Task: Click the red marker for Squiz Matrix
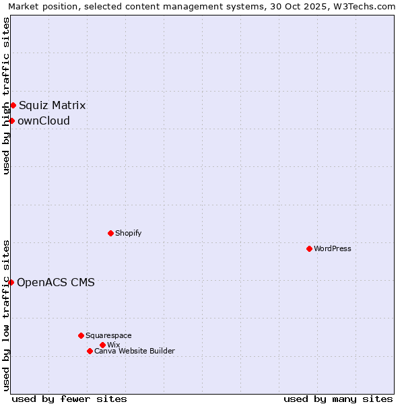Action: [x=13, y=105]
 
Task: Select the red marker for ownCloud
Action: [x=11, y=121]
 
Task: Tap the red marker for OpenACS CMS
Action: [x=11, y=282]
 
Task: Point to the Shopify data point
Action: [x=110, y=233]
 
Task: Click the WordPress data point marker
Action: [x=309, y=248]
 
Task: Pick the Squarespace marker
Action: [x=81, y=335]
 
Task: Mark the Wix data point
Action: [x=102, y=345]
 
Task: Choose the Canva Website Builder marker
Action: [x=90, y=351]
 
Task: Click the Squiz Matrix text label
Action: [x=52, y=105]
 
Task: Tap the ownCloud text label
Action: [x=44, y=121]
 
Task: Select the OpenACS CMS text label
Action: [x=56, y=282]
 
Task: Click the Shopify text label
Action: [x=128, y=233]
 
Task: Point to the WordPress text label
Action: [x=333, y=248]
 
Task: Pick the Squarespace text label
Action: [x=108, y=335]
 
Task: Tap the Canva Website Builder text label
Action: [x=135, y=351]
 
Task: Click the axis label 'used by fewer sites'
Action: [x=69, y=399]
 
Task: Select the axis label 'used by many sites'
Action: [x=338, y=399]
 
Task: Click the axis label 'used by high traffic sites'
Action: [x=6, y=96]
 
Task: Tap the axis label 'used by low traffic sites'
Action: [x=6, y=315]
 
